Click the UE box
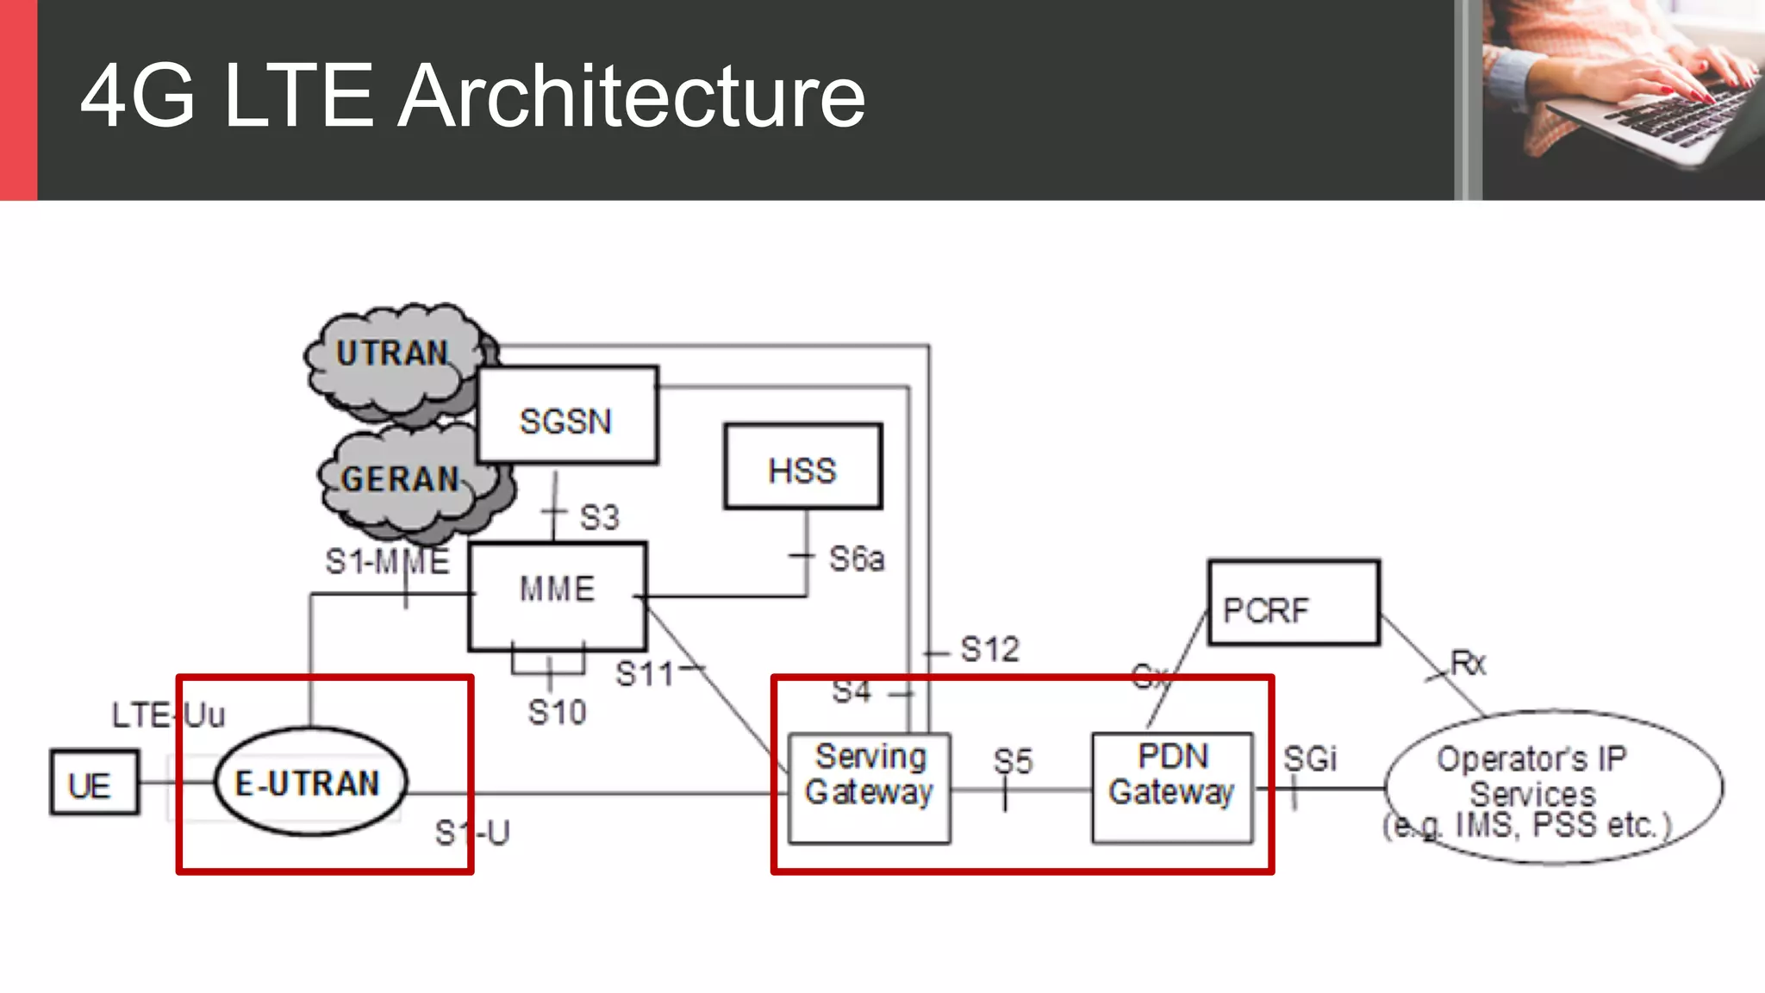click(x=94, y=783)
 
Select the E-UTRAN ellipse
click(x=309, y=783)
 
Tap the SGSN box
click(x=567, y=416)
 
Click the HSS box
click(x=802, y=466)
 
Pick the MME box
click(x=557, y=595)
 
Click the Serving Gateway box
click(x=869, y=787)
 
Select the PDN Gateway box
click(x=1171, y=787)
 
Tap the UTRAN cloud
click(x=392, y=355)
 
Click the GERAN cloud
click(x=401, y=480)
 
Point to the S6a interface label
click(x=856, y=559)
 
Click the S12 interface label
click(x=989, y=649)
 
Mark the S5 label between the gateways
click(x=1013, y=761)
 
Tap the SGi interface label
click(x=1309, y=759)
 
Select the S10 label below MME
click(x=557, y=713)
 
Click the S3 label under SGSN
click(x=599, y=518)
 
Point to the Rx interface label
click(x=1469, y=663)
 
